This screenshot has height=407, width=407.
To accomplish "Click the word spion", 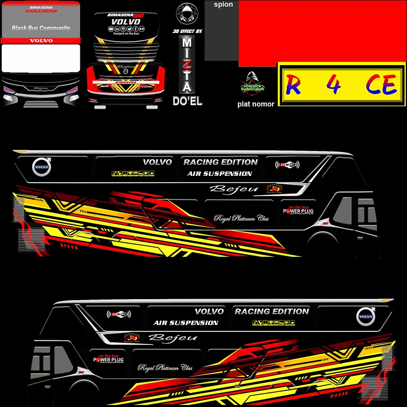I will click(223, 5).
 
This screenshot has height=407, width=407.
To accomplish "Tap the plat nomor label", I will click(256, 104).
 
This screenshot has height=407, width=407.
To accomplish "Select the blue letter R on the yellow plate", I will click(293, 85).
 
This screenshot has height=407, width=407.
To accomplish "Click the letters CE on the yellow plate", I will click(381, 85).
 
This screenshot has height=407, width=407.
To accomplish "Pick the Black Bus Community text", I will click(41, 28).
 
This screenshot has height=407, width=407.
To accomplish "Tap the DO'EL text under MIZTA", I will click(187, 101).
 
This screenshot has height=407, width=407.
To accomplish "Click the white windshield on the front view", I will click(41, 58).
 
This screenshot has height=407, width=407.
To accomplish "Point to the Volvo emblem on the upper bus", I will click(41, 167).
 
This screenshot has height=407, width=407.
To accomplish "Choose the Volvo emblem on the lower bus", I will click(365, 317).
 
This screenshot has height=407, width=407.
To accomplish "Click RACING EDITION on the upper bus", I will click(221, 162).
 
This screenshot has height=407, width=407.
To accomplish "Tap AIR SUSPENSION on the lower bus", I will click(186, 323).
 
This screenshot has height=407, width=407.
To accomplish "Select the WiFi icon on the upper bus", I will click(287, 165).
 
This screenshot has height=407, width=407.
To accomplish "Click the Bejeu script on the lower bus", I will click(173, 337).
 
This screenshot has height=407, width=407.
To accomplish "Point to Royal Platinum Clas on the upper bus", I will click(241, 219).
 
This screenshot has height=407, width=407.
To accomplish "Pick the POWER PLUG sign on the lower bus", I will click(108, 359).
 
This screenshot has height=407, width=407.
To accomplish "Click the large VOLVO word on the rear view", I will click(126, 22).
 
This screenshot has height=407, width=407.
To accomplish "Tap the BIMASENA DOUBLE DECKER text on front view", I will click(41, 9).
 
